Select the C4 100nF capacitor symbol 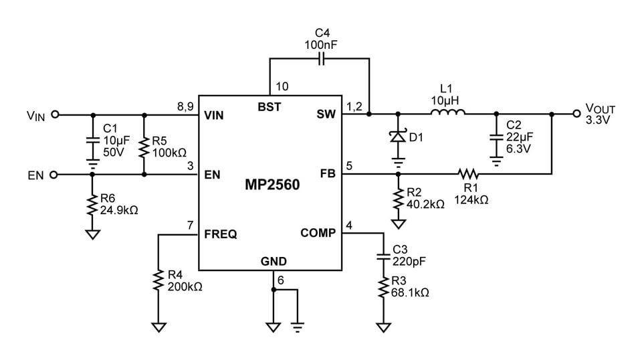320,59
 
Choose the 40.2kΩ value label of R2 425,204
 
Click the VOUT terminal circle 576,114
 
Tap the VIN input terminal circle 56,114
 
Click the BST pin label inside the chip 270,107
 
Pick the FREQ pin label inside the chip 220,235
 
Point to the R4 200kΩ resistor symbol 158,280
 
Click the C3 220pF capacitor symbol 383,256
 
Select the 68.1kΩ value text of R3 411,292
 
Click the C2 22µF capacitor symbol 496,136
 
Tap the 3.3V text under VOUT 597,120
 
